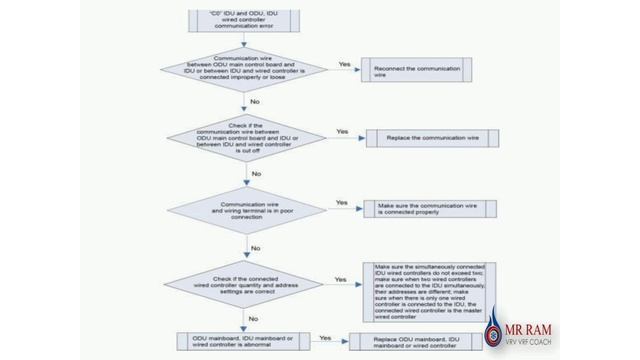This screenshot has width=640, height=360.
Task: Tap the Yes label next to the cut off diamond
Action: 342,131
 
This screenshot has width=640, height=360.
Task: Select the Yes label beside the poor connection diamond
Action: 341,202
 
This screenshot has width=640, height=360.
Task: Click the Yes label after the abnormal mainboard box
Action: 324,337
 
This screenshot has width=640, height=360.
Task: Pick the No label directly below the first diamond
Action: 257,102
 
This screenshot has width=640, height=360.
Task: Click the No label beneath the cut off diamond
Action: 257,173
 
